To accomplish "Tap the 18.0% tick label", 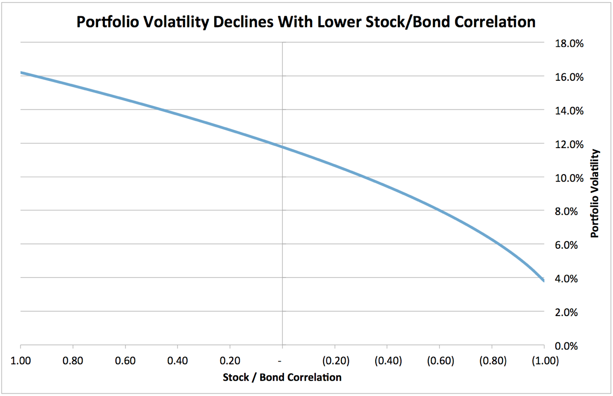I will coord(569,43).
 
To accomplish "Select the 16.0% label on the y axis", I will coord(569,77).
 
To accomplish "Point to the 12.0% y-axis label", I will coord(569,145).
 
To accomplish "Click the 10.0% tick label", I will coord(569,178).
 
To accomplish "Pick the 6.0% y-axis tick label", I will coord(566,245).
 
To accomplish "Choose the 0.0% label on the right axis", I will coord(566,346).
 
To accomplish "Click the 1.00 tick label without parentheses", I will coord(21,361).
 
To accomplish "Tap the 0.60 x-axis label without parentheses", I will coord(125,361).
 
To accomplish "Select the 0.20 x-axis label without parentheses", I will coord(230,361).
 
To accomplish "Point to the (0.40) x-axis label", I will coord(388,361).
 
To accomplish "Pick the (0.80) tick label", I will coord(493,361).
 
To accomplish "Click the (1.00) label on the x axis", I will coord(545,361).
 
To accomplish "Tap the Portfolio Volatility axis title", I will coord(595,194).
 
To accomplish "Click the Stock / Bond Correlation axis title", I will coord(282,377).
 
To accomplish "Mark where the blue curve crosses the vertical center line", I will coord(282,147).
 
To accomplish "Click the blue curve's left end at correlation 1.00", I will coord(22,73).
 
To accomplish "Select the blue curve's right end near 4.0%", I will coord(543,280).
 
